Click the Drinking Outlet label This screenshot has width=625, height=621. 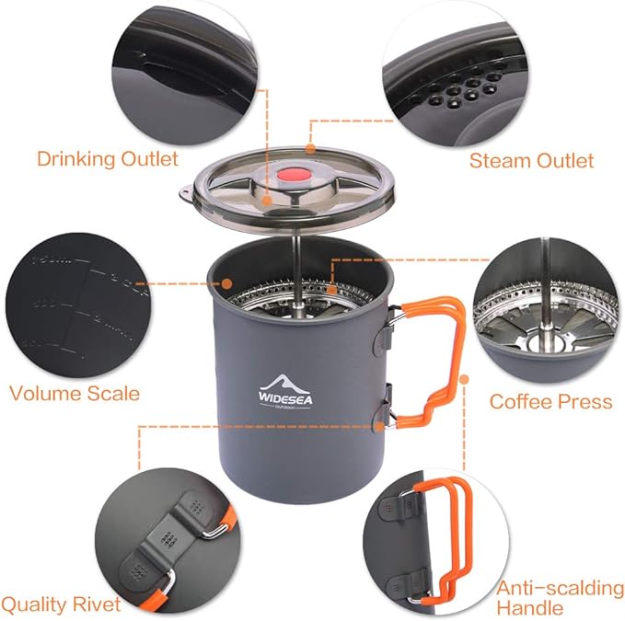(107, 158)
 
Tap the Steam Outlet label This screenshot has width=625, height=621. (531, 160)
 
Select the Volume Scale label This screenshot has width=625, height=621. (74, 394)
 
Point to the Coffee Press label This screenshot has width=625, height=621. (550, 401)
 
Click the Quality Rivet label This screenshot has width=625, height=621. (61, 604)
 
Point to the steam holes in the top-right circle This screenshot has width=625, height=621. (452, 101)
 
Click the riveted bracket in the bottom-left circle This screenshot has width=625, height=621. (170, 543)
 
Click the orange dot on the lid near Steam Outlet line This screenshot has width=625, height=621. (310, 147)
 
